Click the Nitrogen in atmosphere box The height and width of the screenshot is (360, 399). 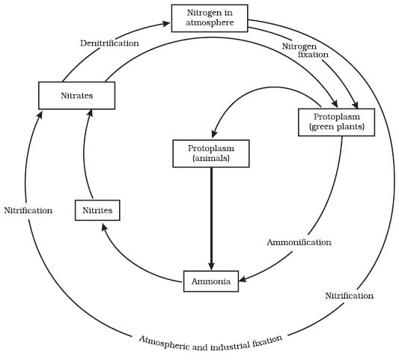point(209,18)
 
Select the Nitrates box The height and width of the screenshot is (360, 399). point(76,96)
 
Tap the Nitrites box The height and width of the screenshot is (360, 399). point(97,211)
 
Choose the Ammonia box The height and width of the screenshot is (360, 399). point(212,282)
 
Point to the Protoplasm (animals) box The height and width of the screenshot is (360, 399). point(212,153)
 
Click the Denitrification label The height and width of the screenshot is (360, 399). point(109,43)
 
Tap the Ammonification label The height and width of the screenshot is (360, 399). point(299,242)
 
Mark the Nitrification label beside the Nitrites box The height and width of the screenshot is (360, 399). point(28,210)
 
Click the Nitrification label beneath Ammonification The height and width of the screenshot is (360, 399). point(349,296)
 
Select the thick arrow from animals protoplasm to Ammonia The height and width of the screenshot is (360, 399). point(212,217)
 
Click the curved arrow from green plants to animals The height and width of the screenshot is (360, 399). point(255,91)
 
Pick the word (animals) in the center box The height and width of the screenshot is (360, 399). point(212,159)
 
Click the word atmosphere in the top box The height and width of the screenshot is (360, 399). point(209,23)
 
